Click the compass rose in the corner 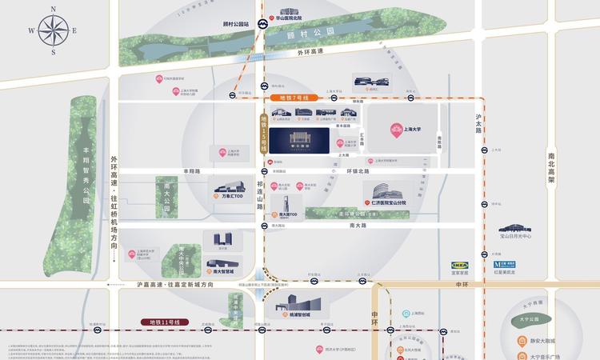54,31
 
